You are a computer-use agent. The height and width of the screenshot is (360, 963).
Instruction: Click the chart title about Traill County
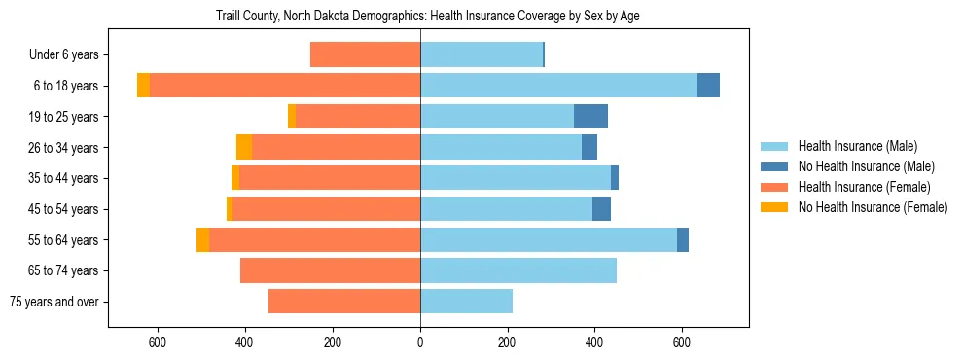click(420, 17)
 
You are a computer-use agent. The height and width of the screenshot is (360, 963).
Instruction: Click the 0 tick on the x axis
click(420, 342)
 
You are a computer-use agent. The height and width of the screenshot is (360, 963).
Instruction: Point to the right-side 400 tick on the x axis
click(594, 342)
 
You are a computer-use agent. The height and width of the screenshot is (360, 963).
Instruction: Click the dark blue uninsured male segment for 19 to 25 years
click(590, 117)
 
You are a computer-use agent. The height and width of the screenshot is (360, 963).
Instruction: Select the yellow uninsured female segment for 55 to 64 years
click(202, 239)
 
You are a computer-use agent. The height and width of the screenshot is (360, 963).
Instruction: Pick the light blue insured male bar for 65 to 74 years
click(517, 270)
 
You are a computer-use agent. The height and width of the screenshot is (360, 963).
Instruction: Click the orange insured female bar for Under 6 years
click(365, 55)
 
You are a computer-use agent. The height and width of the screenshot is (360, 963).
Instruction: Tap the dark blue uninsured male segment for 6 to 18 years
click(708, 86)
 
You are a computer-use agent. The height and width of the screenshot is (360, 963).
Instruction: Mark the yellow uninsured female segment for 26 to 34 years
click(244, 147)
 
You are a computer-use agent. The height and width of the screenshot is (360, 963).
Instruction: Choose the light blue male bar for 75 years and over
click(466, 302)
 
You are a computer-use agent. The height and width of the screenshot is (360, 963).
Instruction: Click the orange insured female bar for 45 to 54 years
click(326, 209)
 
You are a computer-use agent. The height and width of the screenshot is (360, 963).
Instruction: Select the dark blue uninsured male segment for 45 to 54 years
click(601, 209)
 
